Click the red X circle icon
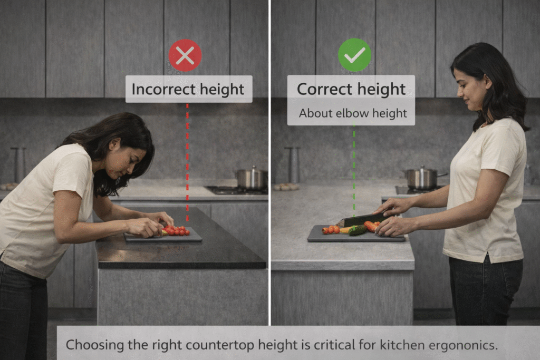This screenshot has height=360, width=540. coord(185,55)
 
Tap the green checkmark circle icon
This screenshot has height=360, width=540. coord(354,55)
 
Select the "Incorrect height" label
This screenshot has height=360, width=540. coord(189,89)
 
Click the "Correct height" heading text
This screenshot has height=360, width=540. coord(351,89)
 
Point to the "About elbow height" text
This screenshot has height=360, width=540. coord(353,113)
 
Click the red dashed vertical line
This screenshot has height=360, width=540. coord(187,162)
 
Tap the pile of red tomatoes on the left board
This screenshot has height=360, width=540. coord(176,230)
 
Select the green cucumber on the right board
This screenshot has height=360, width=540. coord(358,230)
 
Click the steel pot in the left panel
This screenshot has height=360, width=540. coord(252,178)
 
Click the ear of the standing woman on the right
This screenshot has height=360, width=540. coord(488,83)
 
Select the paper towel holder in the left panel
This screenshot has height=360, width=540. coord(18,165)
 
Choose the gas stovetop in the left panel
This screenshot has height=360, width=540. coord(237,190)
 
